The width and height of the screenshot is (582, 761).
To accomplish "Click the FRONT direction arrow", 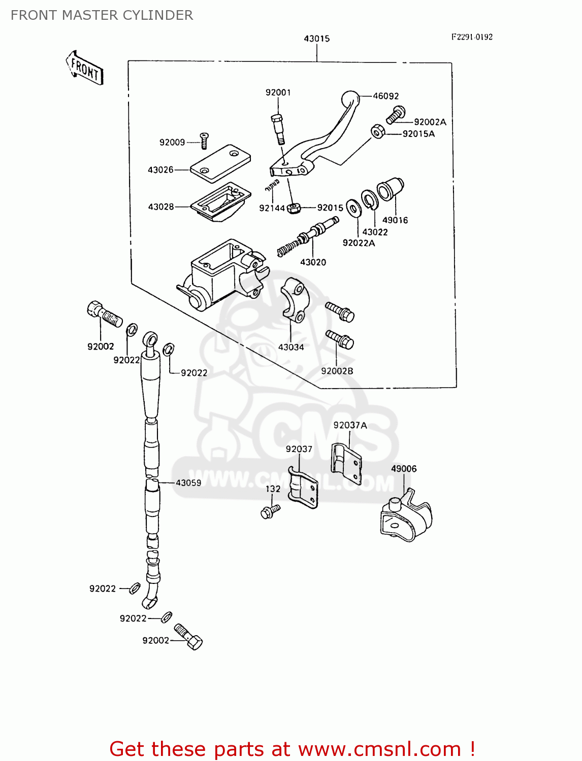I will pyautogui.click(x=84, y=68).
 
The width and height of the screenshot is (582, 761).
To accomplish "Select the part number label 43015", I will pyautogui.click(x=316, y=39).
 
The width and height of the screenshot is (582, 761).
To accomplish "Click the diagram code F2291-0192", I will pyautogui.click(x=472, y=37).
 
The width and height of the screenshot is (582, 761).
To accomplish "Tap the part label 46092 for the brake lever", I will pyautogui.click(x=386, y=96).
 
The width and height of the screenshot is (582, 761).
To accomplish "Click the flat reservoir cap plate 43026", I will pyautogui.click(x=220, y=163).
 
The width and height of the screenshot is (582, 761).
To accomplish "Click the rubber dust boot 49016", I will pyautogui.click(x=390, y=189).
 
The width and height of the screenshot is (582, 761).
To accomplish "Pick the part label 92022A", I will pyautogui.click(x=359, y=243).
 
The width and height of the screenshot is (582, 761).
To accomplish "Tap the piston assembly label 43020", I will pyautogui.click(x=313, y=262).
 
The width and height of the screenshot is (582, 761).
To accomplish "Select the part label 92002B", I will pyautogui.click(x=337, y=371).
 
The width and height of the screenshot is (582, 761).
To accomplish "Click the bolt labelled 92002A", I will pyautogui.click(x=395, y=115).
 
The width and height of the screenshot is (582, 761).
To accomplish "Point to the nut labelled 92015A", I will pyautogui.click(x=377, y=131).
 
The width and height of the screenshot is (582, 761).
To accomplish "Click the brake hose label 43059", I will pyautogui.click(x=188, y=482).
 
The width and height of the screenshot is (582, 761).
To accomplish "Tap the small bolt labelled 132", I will pyautogui.click(x=270, y=511).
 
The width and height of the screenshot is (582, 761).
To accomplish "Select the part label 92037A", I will pyautogui.click(x=350, y=425).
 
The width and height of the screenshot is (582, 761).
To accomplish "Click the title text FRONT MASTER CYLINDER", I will pyautogui.click(x=102, y=15).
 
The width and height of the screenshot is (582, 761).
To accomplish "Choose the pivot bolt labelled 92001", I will pyautogui.click(x=277, y=126).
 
